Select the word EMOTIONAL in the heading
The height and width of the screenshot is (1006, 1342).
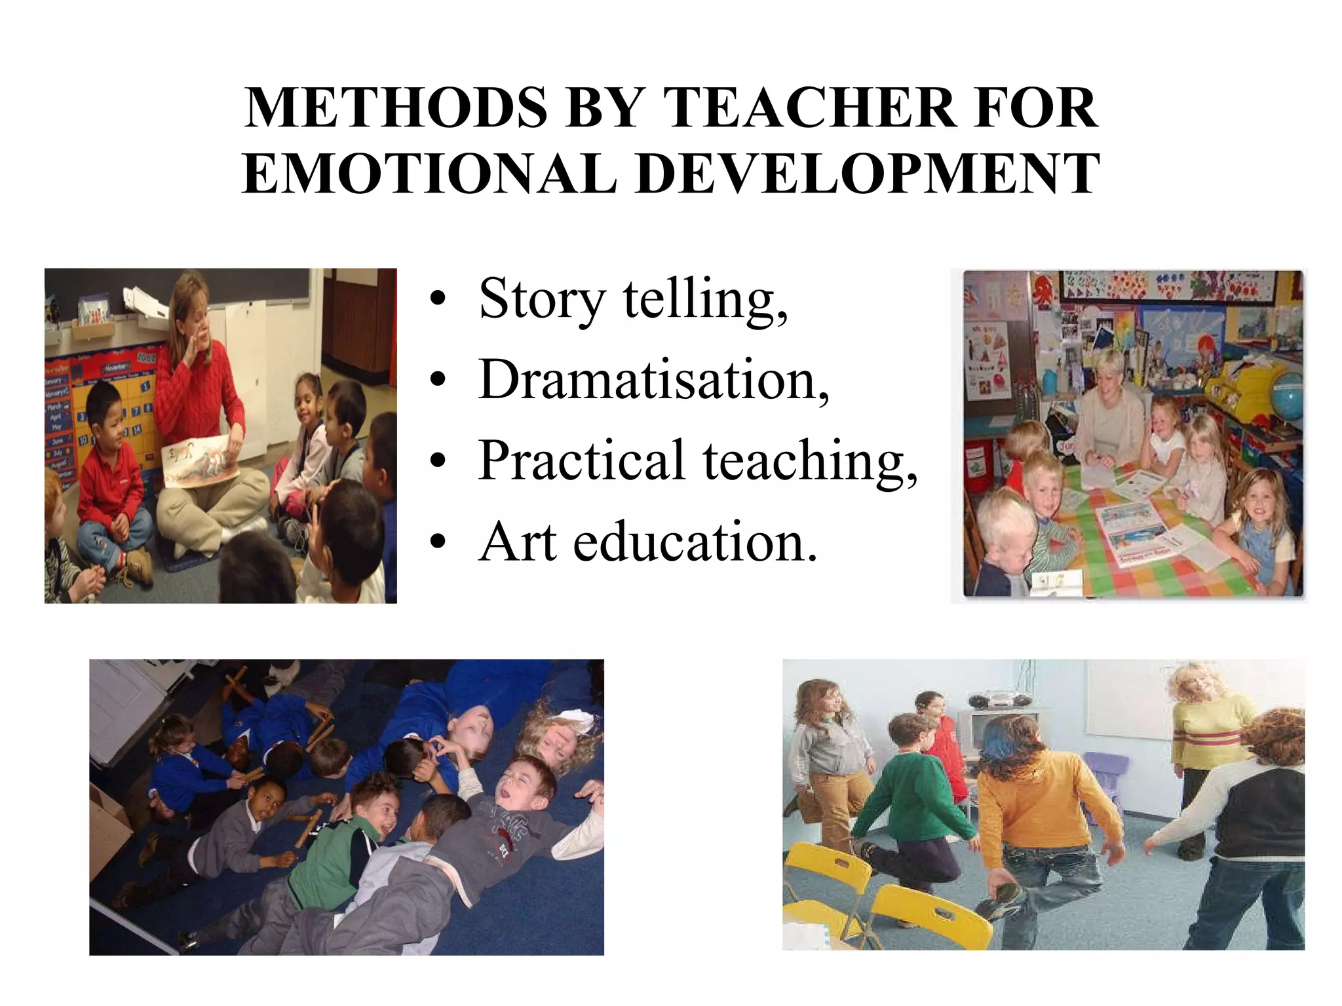click(x=429, y=174)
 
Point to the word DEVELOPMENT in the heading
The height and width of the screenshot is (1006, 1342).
click(x=868, y=174)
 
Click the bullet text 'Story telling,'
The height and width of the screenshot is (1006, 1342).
click(x=633, y=299)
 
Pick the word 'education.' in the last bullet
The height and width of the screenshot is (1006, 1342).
click(x=695, y=542)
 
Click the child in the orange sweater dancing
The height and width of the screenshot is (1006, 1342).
click(x=1035, y=806)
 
